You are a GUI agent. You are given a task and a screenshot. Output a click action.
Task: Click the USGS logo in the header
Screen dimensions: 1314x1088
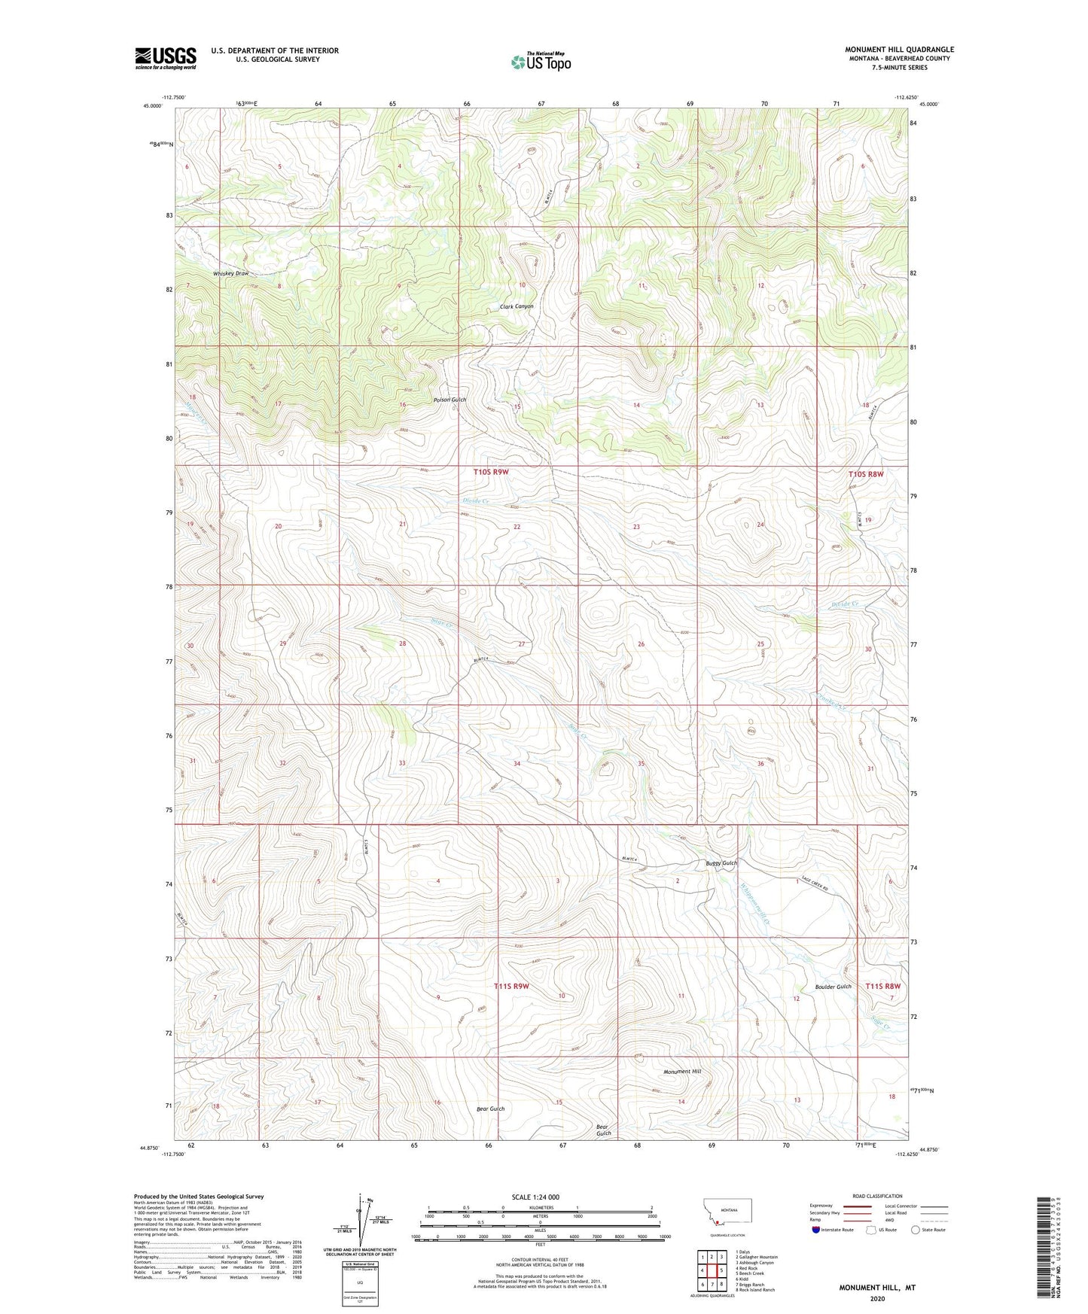(165, 58)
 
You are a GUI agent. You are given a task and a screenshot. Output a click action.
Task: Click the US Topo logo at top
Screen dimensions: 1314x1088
(540, 62)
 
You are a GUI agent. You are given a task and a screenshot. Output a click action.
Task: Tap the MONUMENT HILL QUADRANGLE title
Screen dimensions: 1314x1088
(898, 50)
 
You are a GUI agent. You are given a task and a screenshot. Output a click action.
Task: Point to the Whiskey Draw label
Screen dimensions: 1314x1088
(230, 273)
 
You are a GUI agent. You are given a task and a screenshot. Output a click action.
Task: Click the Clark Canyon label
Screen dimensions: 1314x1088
(517, 306)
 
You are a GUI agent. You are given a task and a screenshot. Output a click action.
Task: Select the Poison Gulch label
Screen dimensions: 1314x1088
(450, 400)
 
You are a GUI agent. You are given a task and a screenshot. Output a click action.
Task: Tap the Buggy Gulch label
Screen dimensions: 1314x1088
(721, 862)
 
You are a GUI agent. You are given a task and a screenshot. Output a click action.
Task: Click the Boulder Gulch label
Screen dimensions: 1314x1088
(833, 987)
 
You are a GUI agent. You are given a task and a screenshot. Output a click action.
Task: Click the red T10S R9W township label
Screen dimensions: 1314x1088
(491, 472)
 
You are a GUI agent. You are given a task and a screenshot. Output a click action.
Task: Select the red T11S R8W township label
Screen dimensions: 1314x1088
(882, 986)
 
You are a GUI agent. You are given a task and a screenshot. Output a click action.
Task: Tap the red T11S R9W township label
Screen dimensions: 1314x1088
(511, 986)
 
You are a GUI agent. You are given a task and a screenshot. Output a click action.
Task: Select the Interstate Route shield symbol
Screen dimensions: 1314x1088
(817, 1230)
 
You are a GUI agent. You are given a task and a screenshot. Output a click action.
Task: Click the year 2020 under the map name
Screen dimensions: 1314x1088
(876, 1298)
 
